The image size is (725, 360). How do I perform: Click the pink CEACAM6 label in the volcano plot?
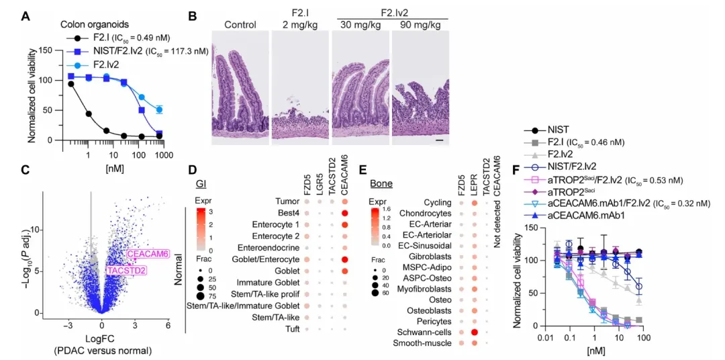148,254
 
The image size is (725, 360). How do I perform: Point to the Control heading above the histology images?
240,25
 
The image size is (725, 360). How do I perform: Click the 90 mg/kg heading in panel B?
420,25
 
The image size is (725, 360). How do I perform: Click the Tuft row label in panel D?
293,329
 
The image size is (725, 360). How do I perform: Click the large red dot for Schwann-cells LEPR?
473,332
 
